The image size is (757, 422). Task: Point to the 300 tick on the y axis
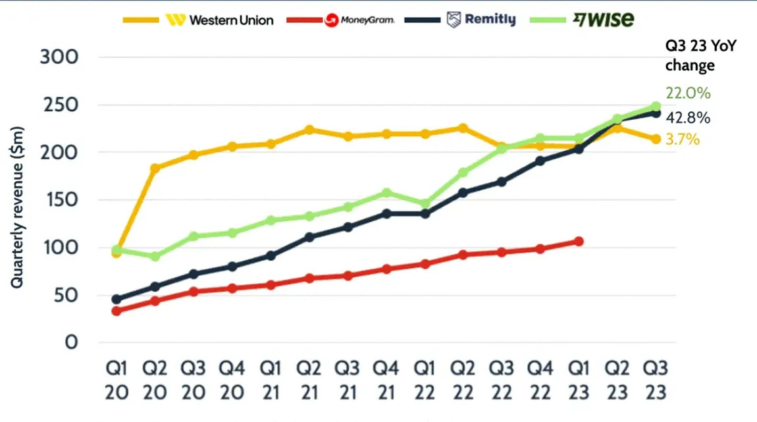pyautogui.click(x=59, y=57)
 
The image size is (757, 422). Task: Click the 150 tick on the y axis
pyautogui.click(x=59, y=200)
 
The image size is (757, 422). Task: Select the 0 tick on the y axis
pyautogui.click(x=71, y=343)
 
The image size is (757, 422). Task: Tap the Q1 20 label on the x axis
pyautogui.click(x=116, y=381)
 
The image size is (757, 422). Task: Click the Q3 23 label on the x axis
pyautogui.click(x=656, y=381)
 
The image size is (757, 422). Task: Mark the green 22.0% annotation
pyautogui.click(x=688, y=93)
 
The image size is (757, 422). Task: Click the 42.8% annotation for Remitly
pyautogui.click(x=688, y=118)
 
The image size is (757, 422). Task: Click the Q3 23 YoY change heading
pyautogui.click(x=690, y=56)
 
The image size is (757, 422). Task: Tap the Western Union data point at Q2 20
pyautogui.click(x=155, y=169)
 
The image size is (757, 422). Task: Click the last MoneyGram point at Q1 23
pyautogui.click(x=579, y=242)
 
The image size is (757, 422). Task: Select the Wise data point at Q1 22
pyautogui.click(x=425, y=204)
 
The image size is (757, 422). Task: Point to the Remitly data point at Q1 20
pyautogui.click(x=116, y=300)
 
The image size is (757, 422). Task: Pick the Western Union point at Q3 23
pyautogui.click(x=656, y=139)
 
